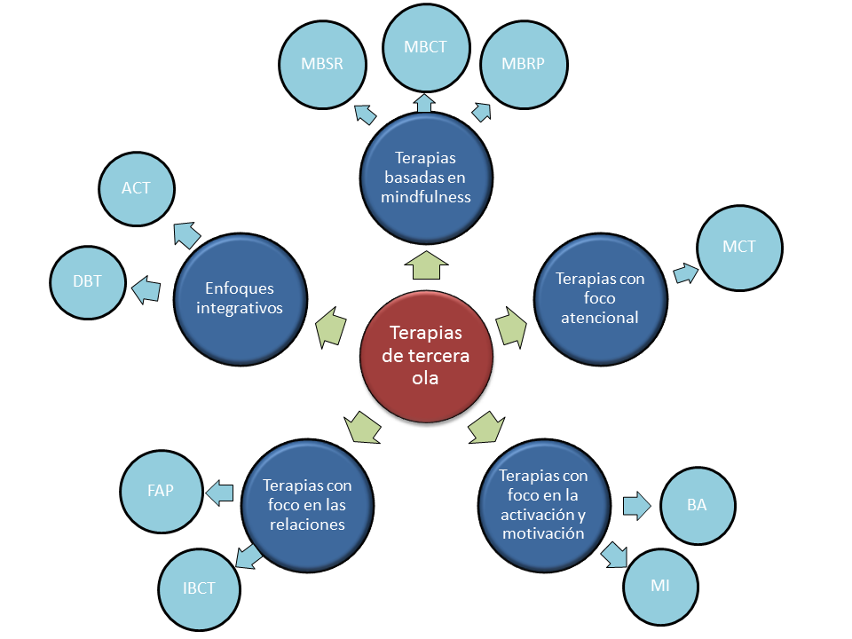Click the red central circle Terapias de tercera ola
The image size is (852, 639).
coord(426,354)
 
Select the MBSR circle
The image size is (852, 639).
coord(322,65)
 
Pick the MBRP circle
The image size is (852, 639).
coord(525,65)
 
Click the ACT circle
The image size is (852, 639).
coord(137,188)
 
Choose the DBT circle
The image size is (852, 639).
coord(88,281)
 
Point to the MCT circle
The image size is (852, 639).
coord(739,247)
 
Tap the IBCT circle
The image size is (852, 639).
coord(200,587)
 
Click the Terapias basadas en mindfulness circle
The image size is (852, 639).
coord(425,177)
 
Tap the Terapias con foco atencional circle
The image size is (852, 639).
coord(600,297)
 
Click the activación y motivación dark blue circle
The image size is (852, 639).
coord(542,505)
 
